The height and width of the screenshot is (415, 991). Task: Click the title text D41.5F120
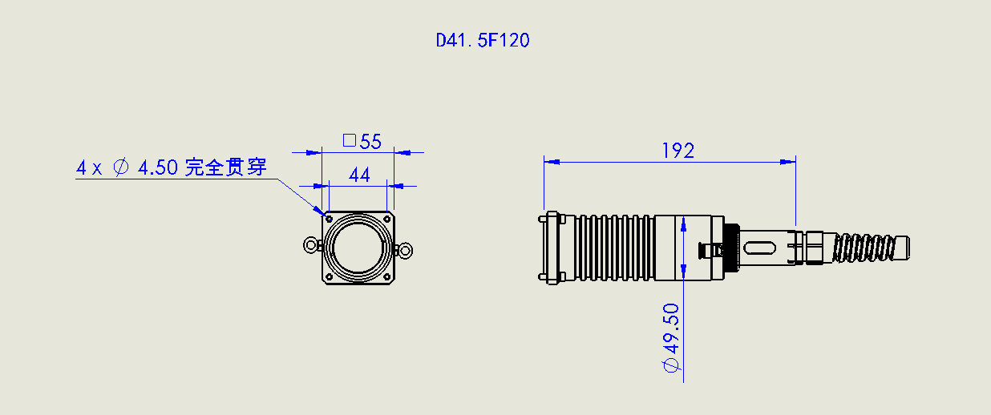coord(483,40)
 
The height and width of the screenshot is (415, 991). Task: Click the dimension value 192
coord(678,151)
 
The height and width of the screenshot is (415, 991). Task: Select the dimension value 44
coord(360,175)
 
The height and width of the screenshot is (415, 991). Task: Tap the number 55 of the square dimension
coord(370,142)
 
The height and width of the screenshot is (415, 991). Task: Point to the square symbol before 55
coord(349,141)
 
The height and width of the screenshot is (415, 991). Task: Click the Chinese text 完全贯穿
coord(225,167)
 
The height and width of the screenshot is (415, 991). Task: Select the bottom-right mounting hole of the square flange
coord(387,277)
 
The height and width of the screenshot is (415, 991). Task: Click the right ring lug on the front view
coord(406,252)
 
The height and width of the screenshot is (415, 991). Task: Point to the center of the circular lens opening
coord(358,248)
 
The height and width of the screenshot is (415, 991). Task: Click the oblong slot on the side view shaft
coord(762,248)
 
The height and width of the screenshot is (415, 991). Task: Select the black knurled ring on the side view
coord(731,248)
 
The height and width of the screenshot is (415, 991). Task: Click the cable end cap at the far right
coord(903,248)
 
